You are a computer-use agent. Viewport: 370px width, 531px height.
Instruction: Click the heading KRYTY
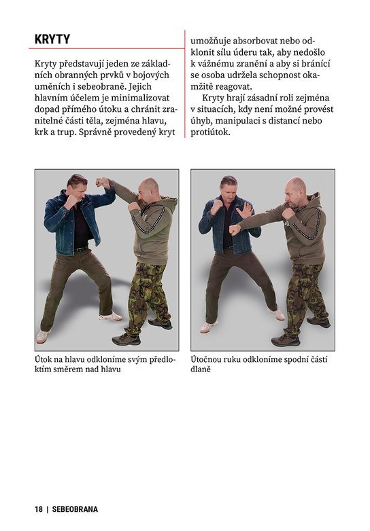click(x=52, y=39)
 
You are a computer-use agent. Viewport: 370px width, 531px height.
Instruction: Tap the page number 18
click(x=39, y=509)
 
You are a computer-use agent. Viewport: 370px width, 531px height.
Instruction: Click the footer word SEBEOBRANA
click(x=75, y=509)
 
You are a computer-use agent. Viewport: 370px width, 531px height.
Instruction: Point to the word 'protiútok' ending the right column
click(x=210, y=132)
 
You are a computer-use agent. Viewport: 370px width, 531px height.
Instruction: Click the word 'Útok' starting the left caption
click(x=44, y=359)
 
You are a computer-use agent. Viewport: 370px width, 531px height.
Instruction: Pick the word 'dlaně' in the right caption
click(x=201, y=369)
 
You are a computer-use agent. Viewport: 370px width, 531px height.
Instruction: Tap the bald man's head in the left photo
click(x=148, y=189)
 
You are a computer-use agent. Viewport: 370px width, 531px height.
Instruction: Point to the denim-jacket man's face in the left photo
click(x=78, y=189)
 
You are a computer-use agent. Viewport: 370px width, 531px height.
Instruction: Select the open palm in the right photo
click(x=246, y=210)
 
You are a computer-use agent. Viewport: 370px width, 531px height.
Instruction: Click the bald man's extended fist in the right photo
click(x=235, y=230)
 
